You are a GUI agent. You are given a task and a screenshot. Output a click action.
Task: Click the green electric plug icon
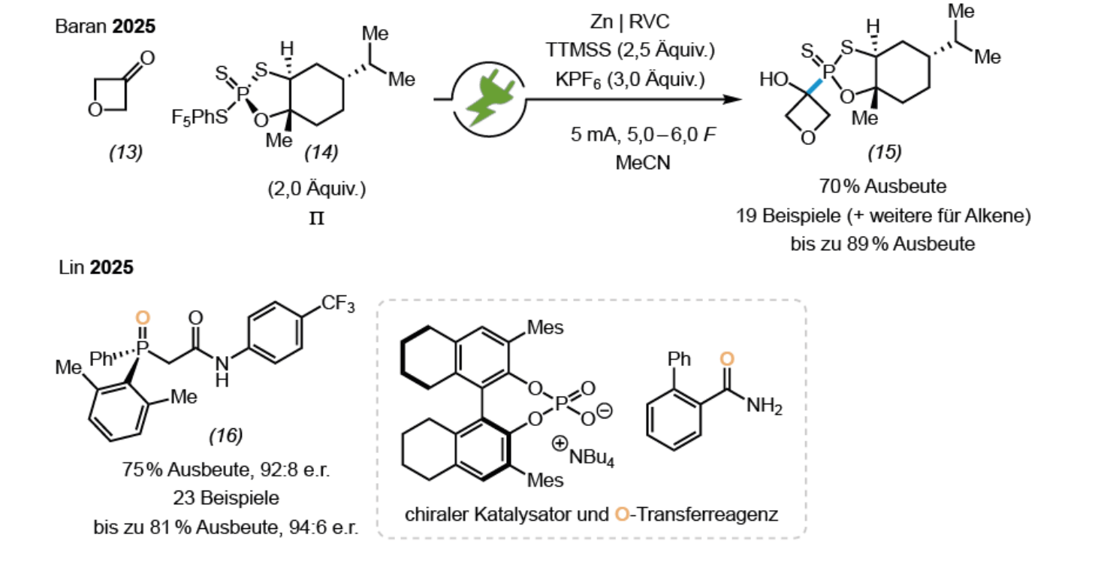point(490,100)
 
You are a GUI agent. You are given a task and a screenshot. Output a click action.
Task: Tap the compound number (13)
point(126,153)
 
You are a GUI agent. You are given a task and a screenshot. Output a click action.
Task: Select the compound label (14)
point(321,153)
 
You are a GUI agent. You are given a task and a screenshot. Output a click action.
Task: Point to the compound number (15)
point(885,153)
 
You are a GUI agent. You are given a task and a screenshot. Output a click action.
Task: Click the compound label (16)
point(226,436)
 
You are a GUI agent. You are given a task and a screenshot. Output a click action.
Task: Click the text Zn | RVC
point(629,22)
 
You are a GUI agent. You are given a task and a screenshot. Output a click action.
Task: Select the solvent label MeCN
point(643,163)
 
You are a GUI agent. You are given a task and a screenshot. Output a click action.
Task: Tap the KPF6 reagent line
point(630,80)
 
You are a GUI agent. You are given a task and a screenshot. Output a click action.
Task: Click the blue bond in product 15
point(814,86)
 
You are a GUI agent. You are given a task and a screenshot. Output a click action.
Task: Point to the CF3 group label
point(338,304)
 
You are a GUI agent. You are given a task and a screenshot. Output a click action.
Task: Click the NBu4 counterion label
point(591,458)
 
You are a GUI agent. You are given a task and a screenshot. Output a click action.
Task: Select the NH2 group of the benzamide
point(765,406)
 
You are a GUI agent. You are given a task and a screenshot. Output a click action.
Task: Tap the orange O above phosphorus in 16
point(143,318)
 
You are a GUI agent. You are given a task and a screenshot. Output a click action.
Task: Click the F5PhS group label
point(200,117)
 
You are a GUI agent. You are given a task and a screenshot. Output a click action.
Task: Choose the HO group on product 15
point(774,79)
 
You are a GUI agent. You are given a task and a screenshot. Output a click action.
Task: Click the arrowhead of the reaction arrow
point(732,99)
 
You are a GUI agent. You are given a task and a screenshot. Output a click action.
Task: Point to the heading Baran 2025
point(105,26)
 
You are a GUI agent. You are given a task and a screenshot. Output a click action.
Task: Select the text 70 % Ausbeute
point(882,186)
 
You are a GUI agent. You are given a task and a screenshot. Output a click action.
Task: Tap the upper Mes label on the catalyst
point(545,328)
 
